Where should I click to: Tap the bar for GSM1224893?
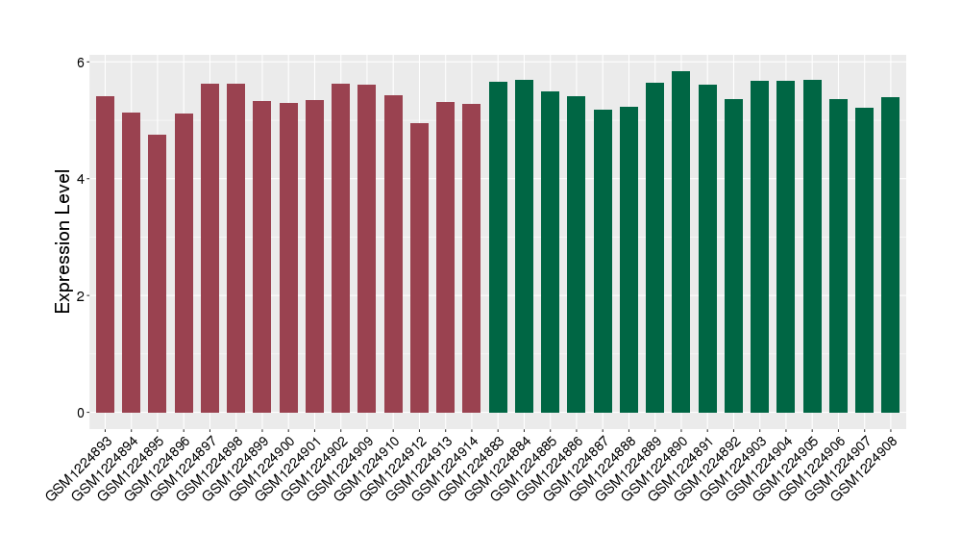point(105,255)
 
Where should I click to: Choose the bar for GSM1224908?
point(891,255)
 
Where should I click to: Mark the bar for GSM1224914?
point(472,259)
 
